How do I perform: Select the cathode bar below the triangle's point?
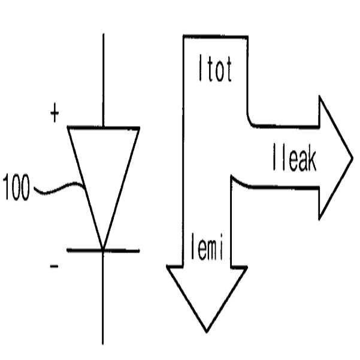103,250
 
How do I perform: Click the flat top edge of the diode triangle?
103,128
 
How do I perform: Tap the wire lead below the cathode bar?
103,300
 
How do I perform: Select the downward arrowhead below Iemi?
207,294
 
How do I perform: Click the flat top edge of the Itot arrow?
214,37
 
